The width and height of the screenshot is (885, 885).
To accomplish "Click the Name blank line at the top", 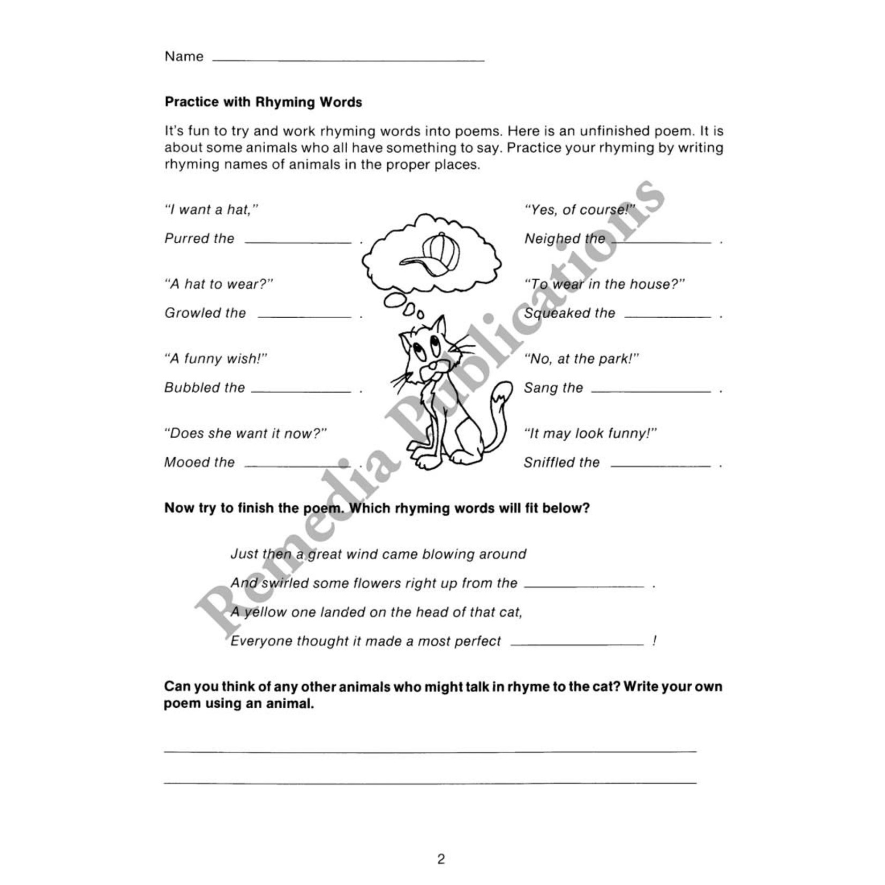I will [x=348, y=59].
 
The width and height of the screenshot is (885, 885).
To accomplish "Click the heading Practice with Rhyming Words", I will [x=263, y=102].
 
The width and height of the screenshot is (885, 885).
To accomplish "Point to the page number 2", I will [x=441, y=859].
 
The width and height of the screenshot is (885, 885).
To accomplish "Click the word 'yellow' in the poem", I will [x=265, y=612].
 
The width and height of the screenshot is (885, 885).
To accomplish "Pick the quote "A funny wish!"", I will [x=215, y=358].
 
